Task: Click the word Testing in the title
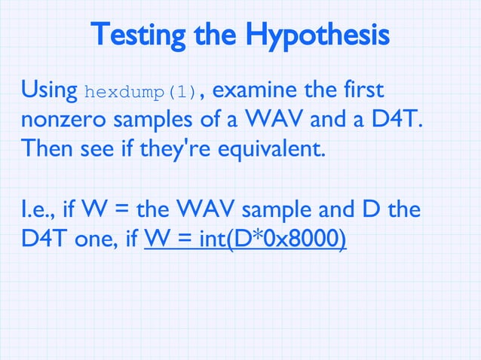tap(137, 35)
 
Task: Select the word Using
tap(49, 92)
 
